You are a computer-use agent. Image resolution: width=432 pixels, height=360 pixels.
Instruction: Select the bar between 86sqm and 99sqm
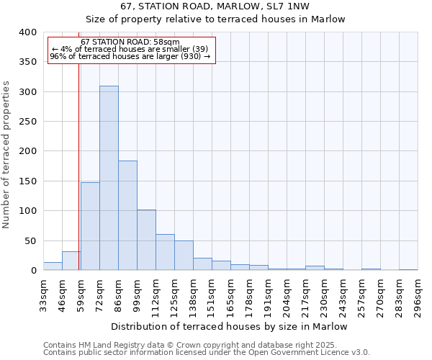[x=127, y=215]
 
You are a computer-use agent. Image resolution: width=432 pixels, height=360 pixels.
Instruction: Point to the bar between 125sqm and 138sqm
[x=184, y=256]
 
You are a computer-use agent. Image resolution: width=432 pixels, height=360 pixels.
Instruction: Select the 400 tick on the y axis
[x=27, y=32]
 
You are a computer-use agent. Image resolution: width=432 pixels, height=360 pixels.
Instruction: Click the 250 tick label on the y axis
[x=27, y=122]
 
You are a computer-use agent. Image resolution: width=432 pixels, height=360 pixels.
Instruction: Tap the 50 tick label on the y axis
[x=30, y=240]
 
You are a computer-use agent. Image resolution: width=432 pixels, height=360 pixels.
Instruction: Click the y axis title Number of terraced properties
[x=7, y=155]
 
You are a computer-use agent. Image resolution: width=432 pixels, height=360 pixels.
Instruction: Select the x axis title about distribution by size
[x=230, y=326]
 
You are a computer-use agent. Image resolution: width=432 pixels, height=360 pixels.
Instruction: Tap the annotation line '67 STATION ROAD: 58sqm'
[x=130, y=42]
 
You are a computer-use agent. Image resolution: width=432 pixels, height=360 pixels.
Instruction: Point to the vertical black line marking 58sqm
[x=78, y=180]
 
